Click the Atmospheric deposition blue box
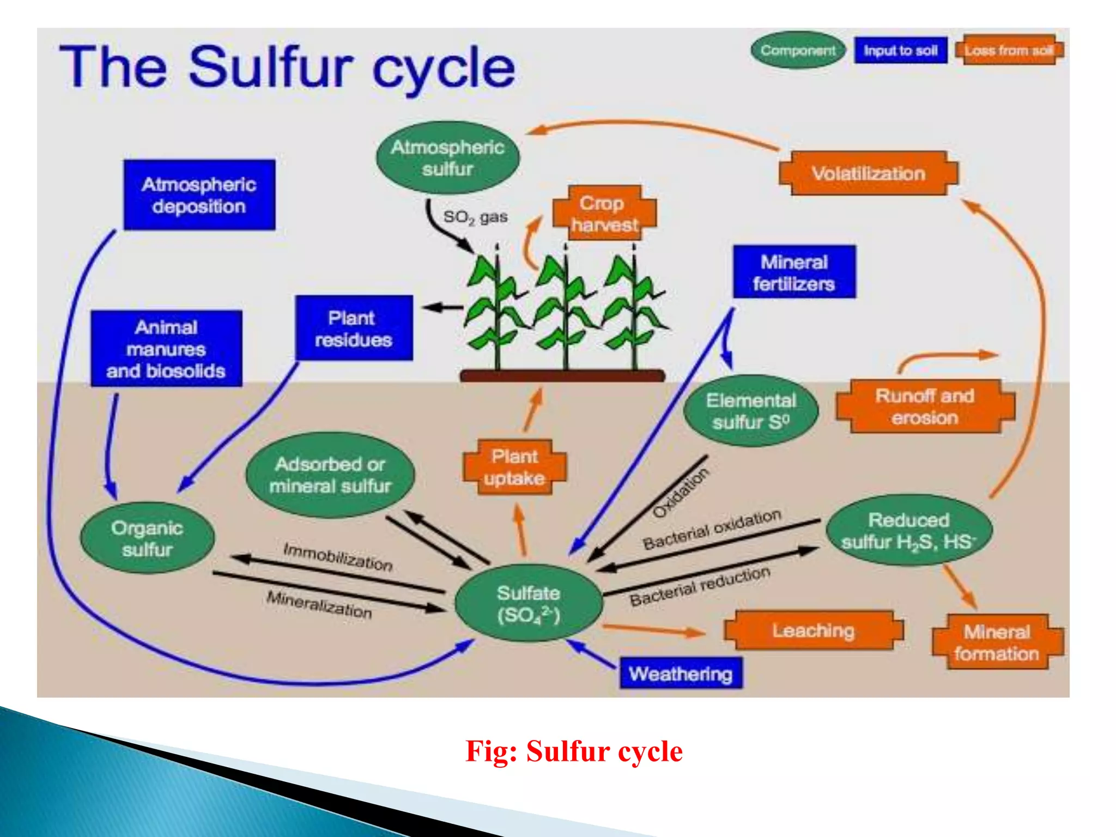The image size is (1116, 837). click(x=199, y=195)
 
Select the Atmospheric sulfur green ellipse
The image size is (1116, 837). click(x=447, y=157)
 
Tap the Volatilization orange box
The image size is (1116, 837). click(x=869, y=173)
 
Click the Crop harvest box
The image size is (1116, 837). click(x=604, y=214)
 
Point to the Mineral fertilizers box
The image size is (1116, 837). click(x=794, y=272)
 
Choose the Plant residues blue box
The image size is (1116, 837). click(x=354, y=328)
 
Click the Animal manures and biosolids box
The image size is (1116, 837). click(x=166, y=349)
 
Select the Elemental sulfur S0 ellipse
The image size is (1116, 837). click(x=750, y=411)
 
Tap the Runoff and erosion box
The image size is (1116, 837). click(x=925, y=407)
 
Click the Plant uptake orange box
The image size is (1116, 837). click(x=514, y=467)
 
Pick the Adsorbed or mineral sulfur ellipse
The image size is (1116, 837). click(x=330, y=475)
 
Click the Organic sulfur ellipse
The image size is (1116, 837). click(x=147, y=538)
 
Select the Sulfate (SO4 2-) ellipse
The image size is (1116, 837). click(x=528, y=603)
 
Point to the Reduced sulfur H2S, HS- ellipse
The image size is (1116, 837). click(x=909, y=530)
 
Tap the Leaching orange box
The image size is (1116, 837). click(x=813, y=630)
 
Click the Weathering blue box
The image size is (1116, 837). click(x=681, y=674)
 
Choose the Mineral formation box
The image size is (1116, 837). click(x=997, y=642)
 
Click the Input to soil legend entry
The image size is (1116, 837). click(x=900, y=51)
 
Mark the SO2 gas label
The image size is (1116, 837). click(x=475, y=217)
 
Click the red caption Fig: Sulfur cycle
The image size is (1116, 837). click(x=574, y=751)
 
